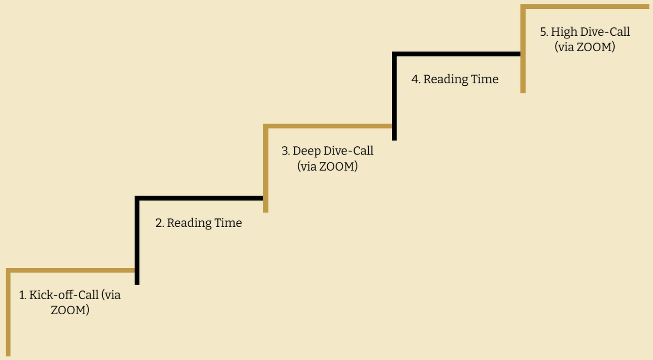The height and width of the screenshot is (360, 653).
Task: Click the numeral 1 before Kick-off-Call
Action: click(23, 295)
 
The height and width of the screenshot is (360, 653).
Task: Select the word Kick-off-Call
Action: click(64, 295)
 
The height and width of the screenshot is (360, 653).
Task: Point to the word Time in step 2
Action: click(228, 223)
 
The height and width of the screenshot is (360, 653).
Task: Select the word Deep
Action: click(306, 151)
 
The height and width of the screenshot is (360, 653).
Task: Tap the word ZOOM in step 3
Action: click(337, 167)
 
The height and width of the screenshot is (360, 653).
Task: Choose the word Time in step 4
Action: click(485, 79)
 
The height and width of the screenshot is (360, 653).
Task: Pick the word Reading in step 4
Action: click(445, 80)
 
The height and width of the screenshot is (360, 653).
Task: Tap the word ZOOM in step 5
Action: click(594, 47)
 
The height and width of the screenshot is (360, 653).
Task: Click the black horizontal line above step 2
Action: click(199, 198)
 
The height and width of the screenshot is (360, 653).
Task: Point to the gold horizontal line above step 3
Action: click(328, 126)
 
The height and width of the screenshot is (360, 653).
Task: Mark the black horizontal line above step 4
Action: click(457, 54)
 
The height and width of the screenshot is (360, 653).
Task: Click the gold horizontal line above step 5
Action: click(585, 7)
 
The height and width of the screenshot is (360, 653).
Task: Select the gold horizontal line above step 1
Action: click(70, 270)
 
